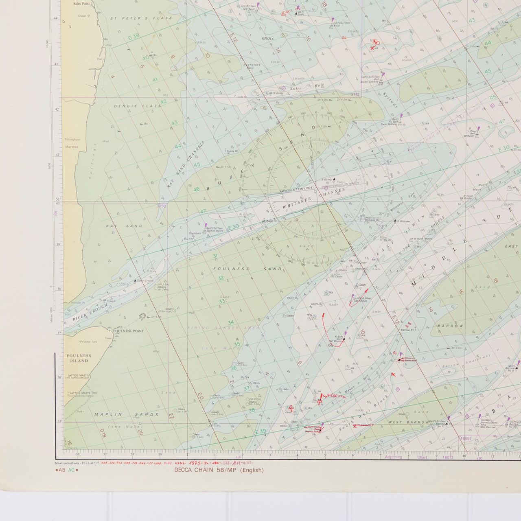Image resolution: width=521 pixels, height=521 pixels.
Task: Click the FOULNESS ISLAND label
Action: point(79,358)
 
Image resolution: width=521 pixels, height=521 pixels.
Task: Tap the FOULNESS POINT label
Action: point(129,331)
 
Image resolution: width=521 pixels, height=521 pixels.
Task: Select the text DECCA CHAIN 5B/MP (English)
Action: point(219,470)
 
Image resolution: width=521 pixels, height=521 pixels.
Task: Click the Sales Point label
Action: point(81,3)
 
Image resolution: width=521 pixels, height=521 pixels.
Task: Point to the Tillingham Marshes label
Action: point(72,143)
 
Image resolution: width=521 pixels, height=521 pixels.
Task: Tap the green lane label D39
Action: point(134,37)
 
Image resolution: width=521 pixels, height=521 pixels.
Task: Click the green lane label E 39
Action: point(260,432)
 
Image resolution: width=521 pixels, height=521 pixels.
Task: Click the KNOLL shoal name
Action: point(268,38)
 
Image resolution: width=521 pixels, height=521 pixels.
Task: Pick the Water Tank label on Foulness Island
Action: point(89,342)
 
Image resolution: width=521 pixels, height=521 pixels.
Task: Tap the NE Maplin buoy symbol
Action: point(344,338)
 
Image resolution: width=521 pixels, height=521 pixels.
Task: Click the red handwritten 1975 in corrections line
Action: point(197,463)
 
